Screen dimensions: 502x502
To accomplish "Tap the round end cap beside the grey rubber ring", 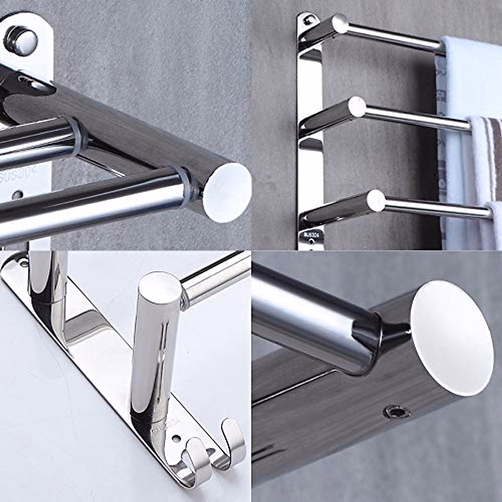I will click(227, 192).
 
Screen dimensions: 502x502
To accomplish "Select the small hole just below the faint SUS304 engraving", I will click(18, 195).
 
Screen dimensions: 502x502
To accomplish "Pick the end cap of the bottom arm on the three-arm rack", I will click(375, 200).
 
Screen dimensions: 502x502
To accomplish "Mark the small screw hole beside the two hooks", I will click(176, 439).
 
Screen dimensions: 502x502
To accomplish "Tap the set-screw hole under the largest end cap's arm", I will click(395, 412).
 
